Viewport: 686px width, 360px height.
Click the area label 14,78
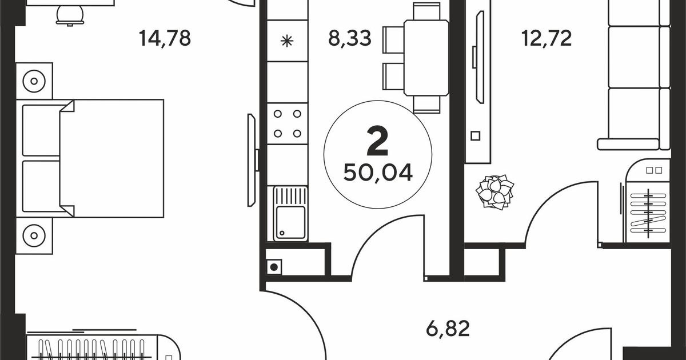click(x=165, y=38)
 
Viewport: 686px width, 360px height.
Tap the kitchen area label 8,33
click(x=350, y=38)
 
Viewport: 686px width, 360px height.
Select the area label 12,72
click(x=547, y=38)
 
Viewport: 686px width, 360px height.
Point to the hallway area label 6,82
click(x=448, y=328)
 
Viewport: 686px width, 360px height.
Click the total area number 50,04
click(x=378, y=173)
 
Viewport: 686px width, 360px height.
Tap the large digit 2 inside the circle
click(x=378, y=142)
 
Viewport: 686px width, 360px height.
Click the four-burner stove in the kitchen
click(x=287, y=123)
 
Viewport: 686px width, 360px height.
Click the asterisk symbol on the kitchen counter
click(x=287, y=41)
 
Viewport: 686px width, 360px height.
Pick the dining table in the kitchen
click(x=426, y=58)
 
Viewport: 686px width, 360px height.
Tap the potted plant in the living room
click(x=494, y=192)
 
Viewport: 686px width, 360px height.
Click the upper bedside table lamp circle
click(x=34, y=81)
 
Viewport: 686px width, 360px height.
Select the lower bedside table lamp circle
click(x=34, y=235)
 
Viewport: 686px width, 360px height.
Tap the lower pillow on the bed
click(x=42, y=186)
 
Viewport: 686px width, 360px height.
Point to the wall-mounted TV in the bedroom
click(x=252, y=160)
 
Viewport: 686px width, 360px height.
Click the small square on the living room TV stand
click(x=475, y=135)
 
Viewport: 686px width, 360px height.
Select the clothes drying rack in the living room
click(x=648, y=213)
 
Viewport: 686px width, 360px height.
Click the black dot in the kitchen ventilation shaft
click(x=274, y=267)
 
